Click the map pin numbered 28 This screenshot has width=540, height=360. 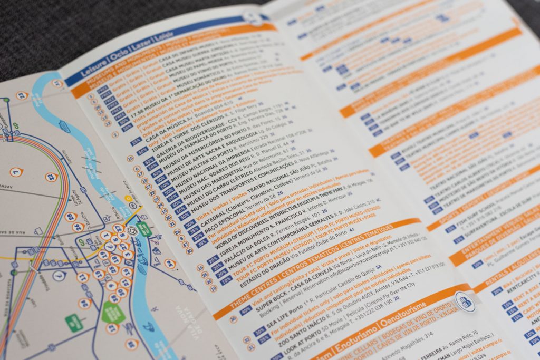tap(71, 217)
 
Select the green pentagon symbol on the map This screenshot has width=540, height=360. tap(113, 312)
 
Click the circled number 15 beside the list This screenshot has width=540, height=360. tap(130, 158)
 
